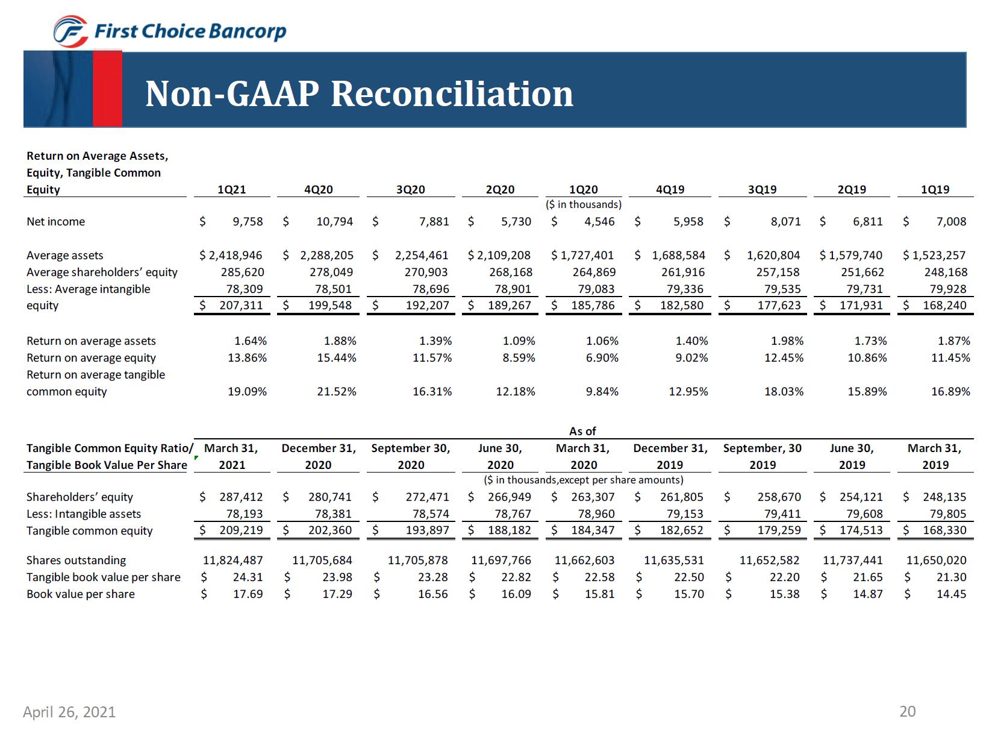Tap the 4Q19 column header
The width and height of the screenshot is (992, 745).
pos(670,189)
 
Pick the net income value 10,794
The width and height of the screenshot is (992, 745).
pos(334,221)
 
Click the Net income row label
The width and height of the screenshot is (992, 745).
pos(56,221)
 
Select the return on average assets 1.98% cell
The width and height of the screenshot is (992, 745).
pos(787,341)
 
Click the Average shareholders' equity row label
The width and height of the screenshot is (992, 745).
pos(102,272)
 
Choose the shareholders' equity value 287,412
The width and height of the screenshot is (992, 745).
pos(240,497)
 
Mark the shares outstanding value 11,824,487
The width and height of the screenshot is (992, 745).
pos(233,560)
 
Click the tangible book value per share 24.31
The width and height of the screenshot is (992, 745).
pos(248,577)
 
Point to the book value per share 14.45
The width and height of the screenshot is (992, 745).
pos(951,594)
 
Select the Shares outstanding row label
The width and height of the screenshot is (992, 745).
pos(76,560)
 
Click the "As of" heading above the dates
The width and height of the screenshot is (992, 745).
pos(582,431)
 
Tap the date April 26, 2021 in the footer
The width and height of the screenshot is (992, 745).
pos(69,712)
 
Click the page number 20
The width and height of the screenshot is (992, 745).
pos(907,711)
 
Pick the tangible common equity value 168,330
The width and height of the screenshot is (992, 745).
pos(944,530)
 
